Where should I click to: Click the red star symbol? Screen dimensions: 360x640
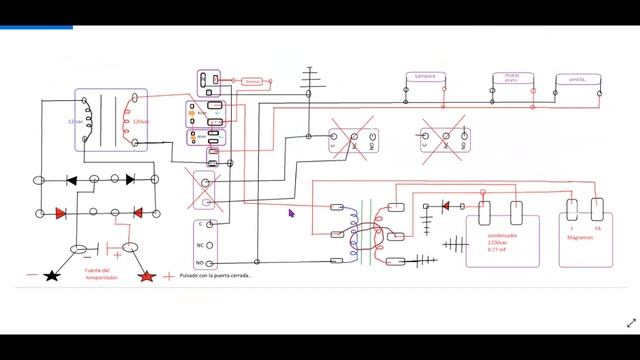(147, 275)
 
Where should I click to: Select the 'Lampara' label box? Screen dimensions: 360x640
(423, 77)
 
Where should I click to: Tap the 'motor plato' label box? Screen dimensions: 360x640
(509, 77)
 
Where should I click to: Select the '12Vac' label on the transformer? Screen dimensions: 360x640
(75, 121)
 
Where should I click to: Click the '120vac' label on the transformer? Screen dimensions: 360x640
(140, 121)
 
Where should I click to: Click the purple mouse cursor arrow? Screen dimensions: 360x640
(292, 213)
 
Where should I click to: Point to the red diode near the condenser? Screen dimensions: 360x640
(445, 206)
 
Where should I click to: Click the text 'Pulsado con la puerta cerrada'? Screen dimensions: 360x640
(215, 275)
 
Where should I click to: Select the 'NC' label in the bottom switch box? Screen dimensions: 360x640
(200, 243)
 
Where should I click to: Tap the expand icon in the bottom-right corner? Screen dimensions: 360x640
(630, 323)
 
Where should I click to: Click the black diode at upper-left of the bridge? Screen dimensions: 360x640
(72, 180)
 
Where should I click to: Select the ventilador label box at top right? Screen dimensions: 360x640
(577, 79)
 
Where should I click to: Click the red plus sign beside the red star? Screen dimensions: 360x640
(167, 275)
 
